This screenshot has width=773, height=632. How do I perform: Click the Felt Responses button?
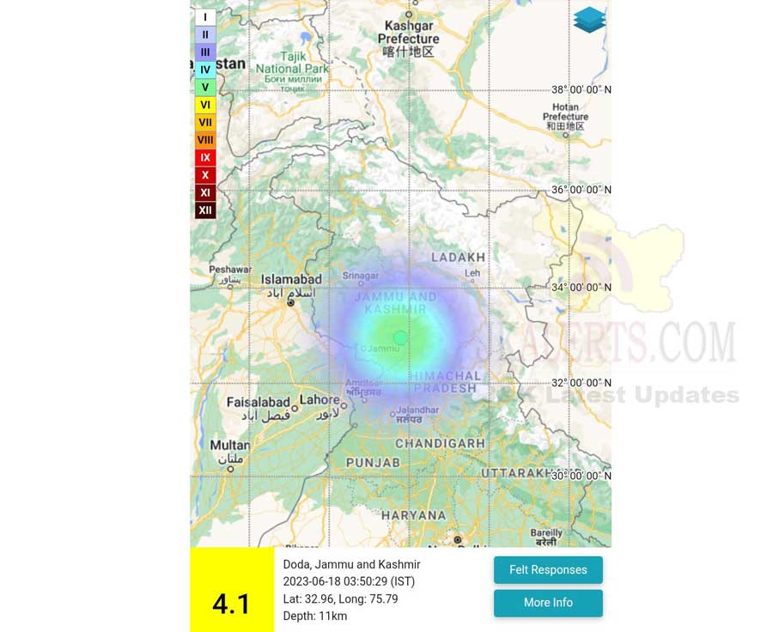[x=548, y=570]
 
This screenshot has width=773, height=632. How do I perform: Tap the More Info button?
[x=548, y=603]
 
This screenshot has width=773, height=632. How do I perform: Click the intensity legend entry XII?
[x=205, y=210]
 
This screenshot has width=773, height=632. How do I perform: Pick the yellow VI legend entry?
[x=205, y=105]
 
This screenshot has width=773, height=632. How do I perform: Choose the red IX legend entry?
[x=205, y=158]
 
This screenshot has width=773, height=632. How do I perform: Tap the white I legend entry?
[x=205, y=17]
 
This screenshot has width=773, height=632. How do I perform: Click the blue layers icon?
[x=589, y=20]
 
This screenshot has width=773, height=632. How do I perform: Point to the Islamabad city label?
[x=291, y=279]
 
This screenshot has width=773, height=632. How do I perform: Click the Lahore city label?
[x=319, y=400]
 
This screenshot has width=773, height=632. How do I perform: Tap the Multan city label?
[x=230, y=445]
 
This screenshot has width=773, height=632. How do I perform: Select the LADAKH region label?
[x=458, y=257]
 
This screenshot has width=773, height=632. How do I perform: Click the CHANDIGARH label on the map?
[x=440, y=443]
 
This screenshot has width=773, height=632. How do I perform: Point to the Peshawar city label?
[x=230, y=270]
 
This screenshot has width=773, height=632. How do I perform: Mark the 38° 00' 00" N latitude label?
[x=581, y=89]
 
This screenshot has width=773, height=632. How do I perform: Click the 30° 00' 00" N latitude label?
[x=581, y=476]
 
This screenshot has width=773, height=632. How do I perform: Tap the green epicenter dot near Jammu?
[x=399, y=337]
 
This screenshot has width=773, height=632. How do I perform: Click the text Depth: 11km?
[x=315, y=616]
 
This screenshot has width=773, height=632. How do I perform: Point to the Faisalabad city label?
[x=259, y=402]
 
